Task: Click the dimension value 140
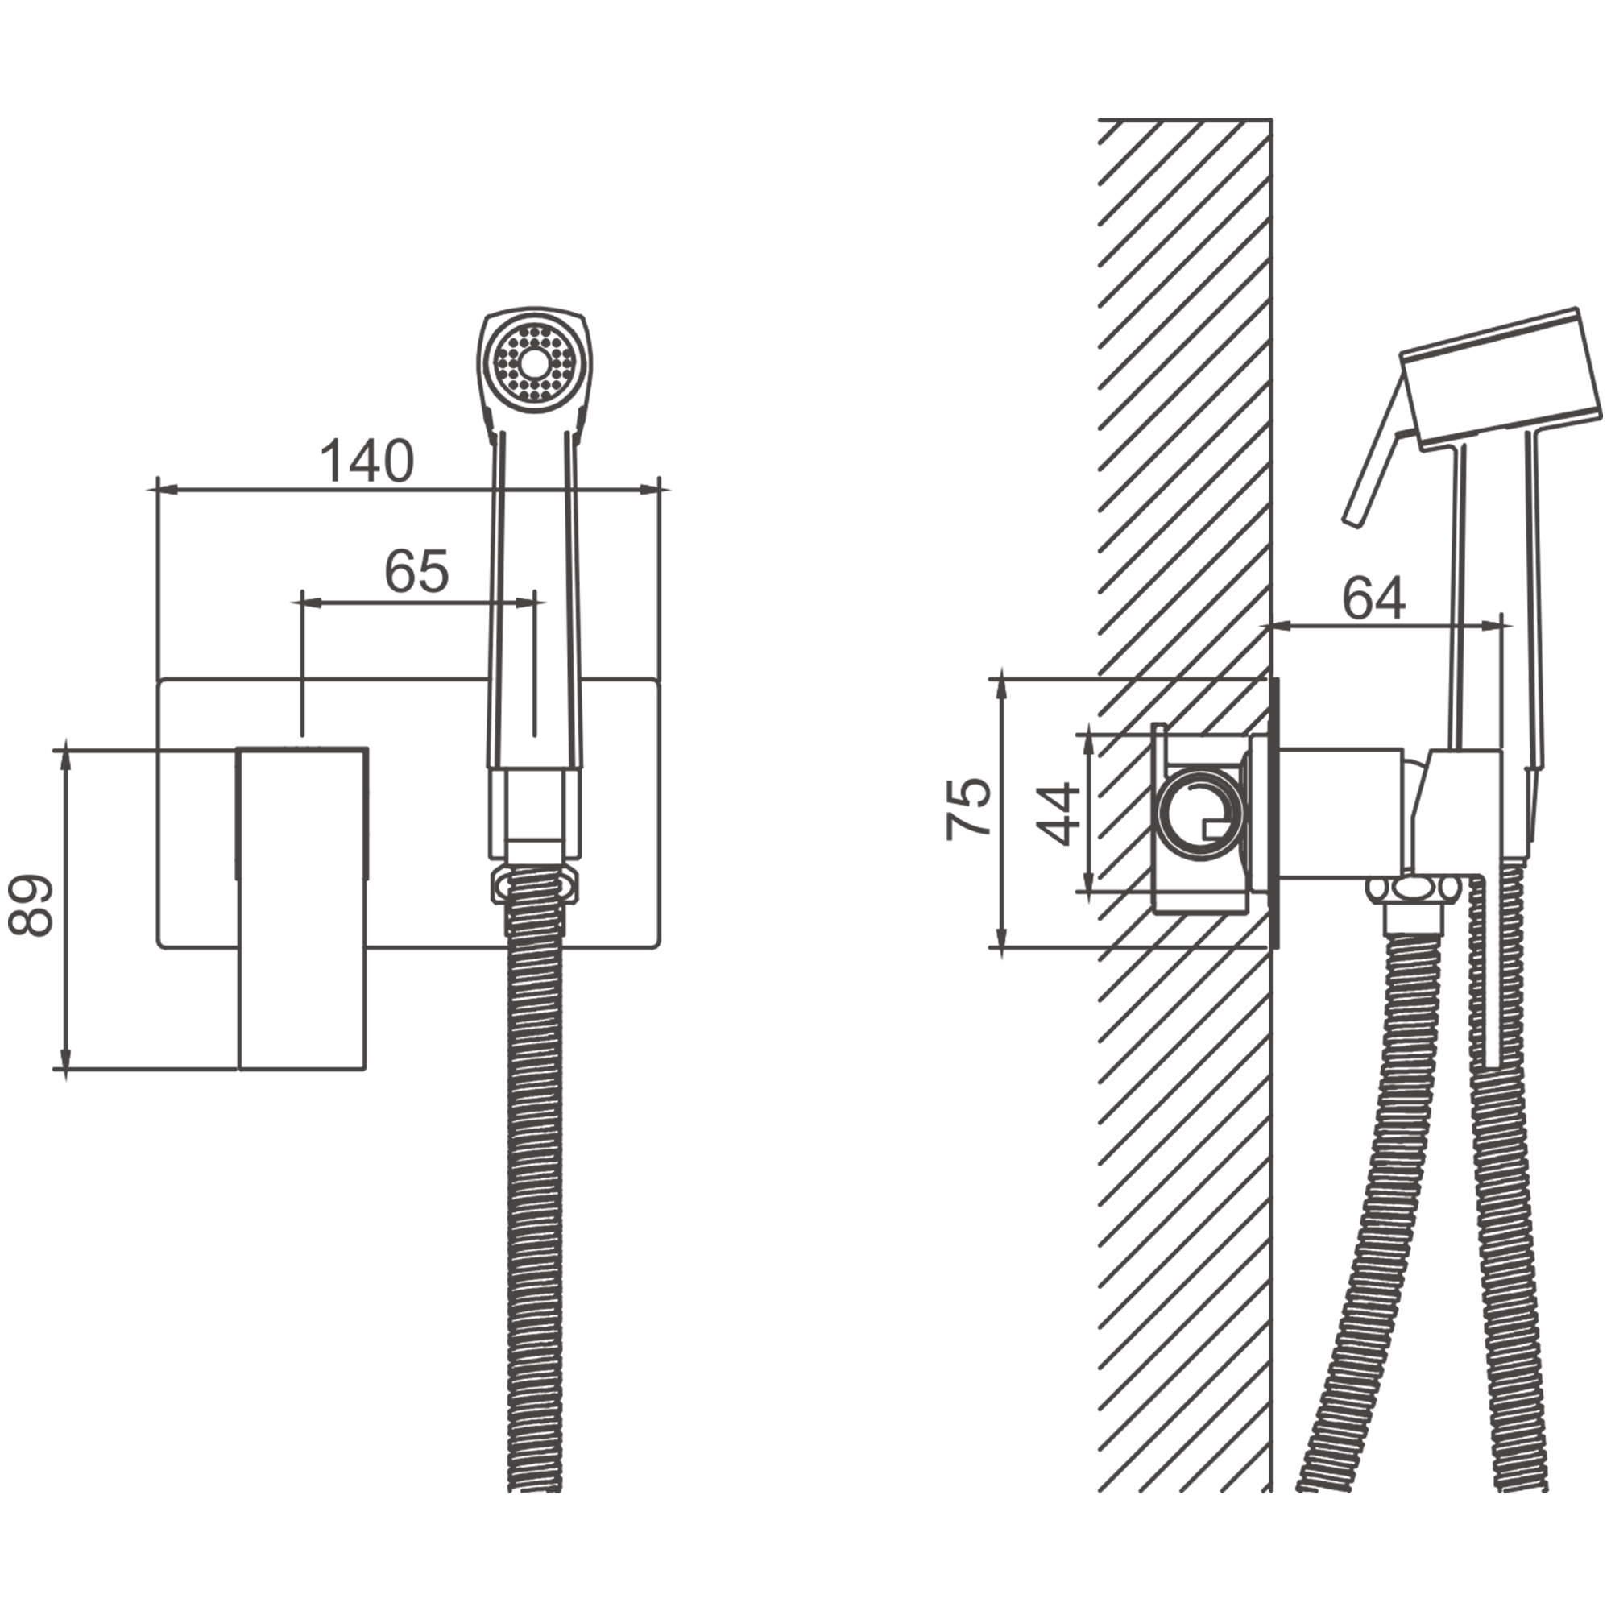click(367, 460)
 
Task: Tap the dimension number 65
click(416, 571)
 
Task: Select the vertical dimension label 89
click(31, 906)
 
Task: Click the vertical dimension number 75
click(968, 808)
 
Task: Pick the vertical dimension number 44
click(1058, 814)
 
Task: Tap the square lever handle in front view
click(303, 908)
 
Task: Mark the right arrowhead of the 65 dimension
click(524, 601)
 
